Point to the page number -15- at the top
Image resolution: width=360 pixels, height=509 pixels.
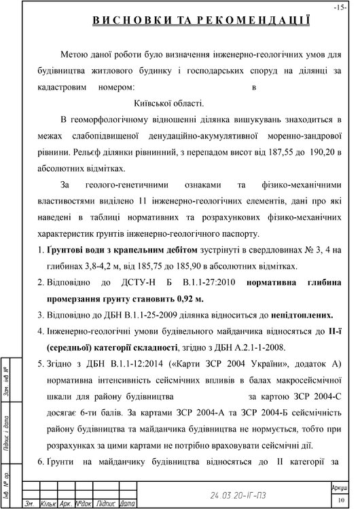tap(340, 7)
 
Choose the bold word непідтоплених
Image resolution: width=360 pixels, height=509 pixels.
tap(298, 315)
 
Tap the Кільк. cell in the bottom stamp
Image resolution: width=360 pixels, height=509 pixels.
tap(49, 504)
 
